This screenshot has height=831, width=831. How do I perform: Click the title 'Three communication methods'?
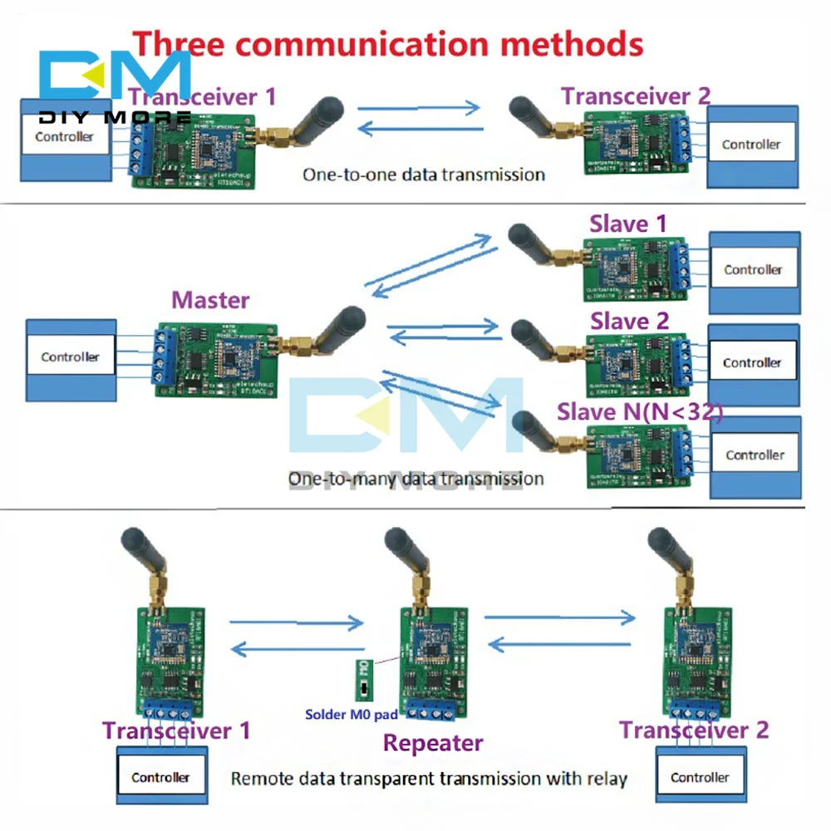(389, 42)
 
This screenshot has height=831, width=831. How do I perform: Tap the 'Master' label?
(210, 299)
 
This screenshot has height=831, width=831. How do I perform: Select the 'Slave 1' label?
(628, 224)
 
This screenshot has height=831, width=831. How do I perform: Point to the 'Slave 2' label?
(630, 321)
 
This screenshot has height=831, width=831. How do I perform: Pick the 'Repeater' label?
(432, 742)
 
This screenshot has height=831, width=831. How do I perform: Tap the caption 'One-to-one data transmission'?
(423, 175)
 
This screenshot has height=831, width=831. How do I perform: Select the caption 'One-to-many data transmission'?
(415, 478)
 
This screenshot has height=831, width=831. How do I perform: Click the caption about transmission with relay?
(428, 779)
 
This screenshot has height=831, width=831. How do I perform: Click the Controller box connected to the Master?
(71, 357)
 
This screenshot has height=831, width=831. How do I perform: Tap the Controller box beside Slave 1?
(753, 270)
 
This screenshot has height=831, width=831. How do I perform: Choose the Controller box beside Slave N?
(755, 455)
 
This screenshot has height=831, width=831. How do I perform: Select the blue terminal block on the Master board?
(164, 357)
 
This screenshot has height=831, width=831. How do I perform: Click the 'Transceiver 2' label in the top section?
(636, 96)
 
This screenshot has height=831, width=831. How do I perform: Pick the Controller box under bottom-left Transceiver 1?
(160, 778)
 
